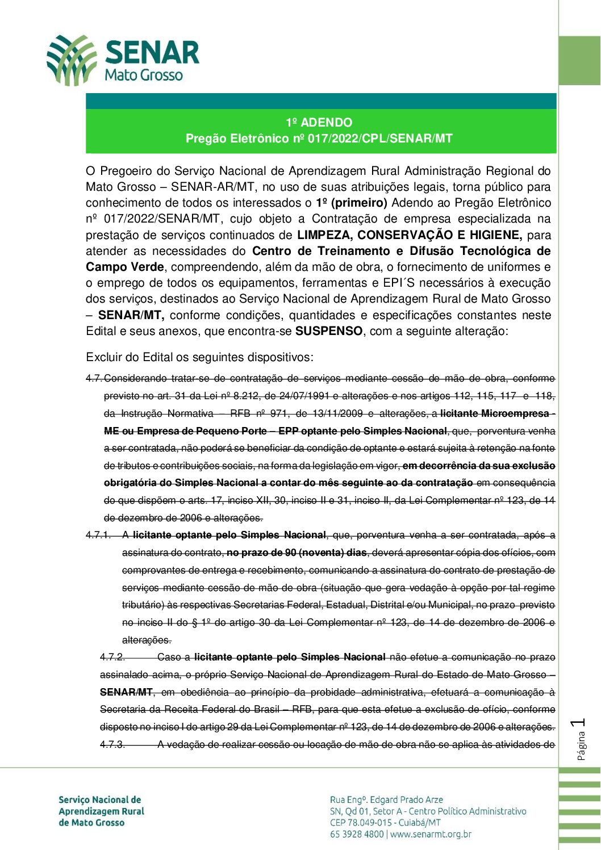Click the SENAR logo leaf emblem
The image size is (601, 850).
72,60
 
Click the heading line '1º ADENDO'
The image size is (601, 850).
319,123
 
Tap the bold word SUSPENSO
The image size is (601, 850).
328,332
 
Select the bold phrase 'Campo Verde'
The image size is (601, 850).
125,267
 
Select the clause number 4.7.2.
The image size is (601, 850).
112,658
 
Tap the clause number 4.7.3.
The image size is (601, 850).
112,744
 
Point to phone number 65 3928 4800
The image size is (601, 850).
357,834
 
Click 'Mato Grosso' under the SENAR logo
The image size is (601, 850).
144,76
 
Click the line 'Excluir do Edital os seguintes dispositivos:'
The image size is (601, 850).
199,358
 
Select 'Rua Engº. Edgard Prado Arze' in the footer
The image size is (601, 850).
386,800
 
